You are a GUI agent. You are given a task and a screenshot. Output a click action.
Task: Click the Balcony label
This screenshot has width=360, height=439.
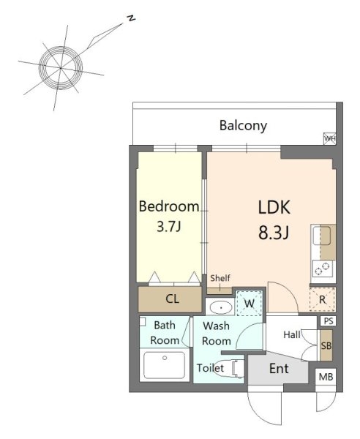point(243,125)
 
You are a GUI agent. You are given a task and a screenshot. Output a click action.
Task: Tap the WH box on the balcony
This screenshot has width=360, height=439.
point(329,138)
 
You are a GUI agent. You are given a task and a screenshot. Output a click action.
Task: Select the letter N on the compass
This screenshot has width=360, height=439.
point(131,19)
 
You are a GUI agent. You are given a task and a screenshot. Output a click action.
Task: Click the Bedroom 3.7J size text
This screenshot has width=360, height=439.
point(169,226)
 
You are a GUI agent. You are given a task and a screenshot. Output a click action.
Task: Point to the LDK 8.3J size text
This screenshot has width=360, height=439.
point(274,233)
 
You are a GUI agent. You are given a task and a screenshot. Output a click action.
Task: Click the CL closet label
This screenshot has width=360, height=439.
point(172,299)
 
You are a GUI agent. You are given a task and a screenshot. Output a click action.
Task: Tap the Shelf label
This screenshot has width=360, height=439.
point(220,278)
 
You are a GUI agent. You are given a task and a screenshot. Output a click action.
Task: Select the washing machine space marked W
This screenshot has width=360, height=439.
point(249,303)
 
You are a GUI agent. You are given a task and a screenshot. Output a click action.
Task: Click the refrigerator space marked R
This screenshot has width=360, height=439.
point(323,299)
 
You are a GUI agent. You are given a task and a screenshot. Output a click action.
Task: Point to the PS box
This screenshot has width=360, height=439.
point(329,321)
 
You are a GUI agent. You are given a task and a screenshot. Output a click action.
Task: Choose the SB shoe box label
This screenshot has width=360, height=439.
point(326,346)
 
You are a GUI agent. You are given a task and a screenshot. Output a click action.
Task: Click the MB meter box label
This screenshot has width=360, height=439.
point(326,377)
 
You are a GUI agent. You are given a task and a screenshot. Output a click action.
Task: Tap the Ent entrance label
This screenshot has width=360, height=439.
point(279,369)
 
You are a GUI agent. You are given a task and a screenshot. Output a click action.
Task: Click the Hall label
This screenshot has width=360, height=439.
point(292,334)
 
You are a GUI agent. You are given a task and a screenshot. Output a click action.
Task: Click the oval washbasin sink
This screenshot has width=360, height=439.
point(221,307)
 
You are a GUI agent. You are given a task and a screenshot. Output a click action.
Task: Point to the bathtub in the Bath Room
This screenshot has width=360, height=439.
point(165,365)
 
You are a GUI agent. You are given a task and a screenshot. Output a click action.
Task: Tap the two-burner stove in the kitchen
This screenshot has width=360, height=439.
point(322,269)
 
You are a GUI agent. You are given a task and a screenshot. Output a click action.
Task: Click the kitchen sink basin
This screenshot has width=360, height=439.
point(322,236)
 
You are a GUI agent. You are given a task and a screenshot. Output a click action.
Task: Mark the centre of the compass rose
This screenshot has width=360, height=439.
point(61,68)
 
